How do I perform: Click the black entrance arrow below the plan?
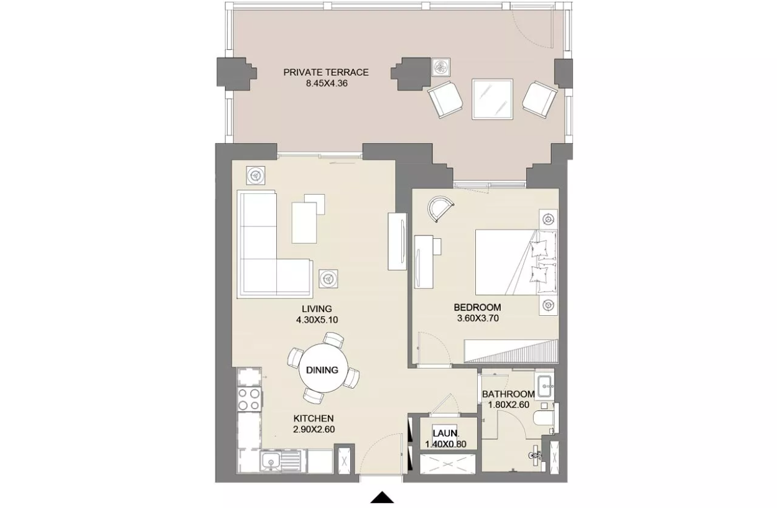382,497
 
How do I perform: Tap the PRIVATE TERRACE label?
326,73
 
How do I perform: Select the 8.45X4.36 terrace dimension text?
327,83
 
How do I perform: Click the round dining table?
323,368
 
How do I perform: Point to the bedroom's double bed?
516,262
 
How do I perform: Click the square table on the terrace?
492,99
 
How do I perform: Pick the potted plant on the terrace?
441,67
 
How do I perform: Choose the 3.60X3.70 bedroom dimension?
478,318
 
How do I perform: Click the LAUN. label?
446,433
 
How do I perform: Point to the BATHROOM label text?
508,394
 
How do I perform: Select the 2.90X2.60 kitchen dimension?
314,430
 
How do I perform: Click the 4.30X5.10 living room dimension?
317,320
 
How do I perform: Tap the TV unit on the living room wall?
397,241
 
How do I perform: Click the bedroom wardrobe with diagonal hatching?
511,351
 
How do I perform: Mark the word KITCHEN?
314,418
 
